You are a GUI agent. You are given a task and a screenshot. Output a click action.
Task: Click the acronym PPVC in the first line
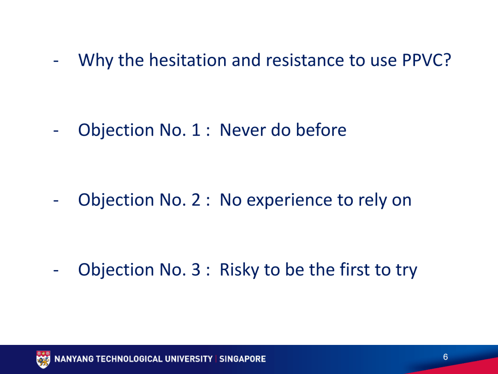tap(423, 60)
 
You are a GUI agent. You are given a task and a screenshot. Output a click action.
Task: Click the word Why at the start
tap(96, 60)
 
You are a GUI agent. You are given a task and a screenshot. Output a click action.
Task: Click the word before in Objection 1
tap(321, 130)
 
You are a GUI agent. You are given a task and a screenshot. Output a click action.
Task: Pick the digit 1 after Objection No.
tap(196, 130)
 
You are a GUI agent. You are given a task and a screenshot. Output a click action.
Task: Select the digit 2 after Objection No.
tap(196, 200)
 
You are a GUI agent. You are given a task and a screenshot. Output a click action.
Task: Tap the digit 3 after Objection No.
tap(196, 270)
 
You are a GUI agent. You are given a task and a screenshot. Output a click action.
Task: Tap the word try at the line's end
tap(406, 270)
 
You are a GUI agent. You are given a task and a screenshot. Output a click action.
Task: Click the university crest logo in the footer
tap(43, 359)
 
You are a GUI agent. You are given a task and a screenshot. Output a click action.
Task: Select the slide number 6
tap(445, 357)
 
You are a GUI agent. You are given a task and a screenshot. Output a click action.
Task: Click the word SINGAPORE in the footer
tap(243, 359)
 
